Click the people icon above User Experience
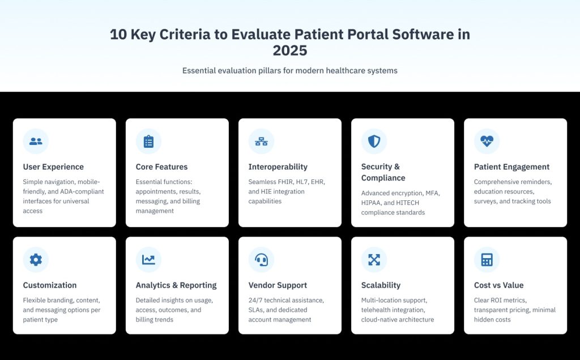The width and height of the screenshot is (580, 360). [x=36, y=142]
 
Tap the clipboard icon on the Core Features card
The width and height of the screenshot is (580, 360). [x=148, y=142]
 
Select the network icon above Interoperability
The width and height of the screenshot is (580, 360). [x=261, y=142]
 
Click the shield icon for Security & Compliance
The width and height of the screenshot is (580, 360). [x=374, y=142]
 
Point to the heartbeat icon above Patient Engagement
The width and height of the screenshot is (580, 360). [x=487, y=142]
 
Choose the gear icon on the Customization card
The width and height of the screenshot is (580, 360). [x=36, y=260]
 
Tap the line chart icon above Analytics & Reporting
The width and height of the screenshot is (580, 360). [x=148, y=260]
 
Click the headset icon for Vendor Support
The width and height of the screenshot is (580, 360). [x=261, y=260]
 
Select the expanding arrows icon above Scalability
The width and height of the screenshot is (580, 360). [x=374, y=260]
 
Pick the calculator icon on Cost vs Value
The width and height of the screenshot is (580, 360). [x=487, y=260]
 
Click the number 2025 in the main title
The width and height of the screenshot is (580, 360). [x=290, y=50]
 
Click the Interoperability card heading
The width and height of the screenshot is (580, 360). [x=278, y=167]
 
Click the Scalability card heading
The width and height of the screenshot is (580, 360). [x=381, y=285]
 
